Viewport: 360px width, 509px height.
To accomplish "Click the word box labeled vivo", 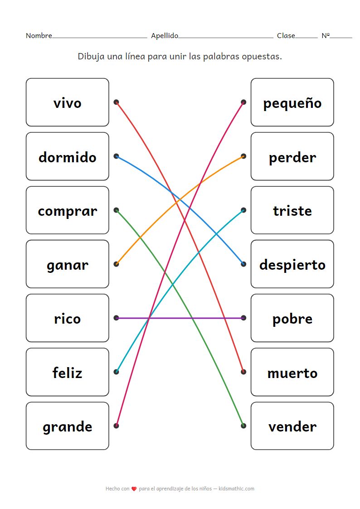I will [x=67, y=102].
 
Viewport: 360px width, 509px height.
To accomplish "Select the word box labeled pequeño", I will [x=292, y=102].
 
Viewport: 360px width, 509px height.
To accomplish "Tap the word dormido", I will [x=67, y=157].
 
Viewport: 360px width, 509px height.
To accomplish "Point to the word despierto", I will [x=292, y=264].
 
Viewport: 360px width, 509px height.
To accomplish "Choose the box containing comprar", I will [x=67, y=210].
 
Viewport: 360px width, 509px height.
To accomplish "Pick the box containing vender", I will [x=292, y=426].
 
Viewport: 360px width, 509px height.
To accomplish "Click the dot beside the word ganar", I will [x=117, y=264].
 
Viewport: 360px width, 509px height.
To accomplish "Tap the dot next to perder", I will [x=243, y=156].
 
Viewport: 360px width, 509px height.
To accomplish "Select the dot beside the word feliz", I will [x=117, y=372].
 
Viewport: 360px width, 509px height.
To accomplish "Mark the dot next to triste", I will [x=243, y=210].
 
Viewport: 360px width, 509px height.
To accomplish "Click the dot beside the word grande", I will [x=117, y=426].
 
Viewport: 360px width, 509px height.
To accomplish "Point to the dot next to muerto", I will [x=243, y=372].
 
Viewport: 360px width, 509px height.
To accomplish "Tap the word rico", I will [x=67, y=318].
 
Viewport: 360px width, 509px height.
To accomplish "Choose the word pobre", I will [x=292, y=318].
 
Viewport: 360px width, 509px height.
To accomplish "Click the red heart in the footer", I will [x=134, y=489].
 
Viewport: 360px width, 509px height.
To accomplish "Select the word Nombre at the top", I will [x=39, y=36].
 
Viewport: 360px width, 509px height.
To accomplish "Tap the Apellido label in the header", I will [x=164, y=36].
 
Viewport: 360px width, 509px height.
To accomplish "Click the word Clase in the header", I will [x=286, y=36].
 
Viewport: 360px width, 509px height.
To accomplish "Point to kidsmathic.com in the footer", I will [x=236, y=489].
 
